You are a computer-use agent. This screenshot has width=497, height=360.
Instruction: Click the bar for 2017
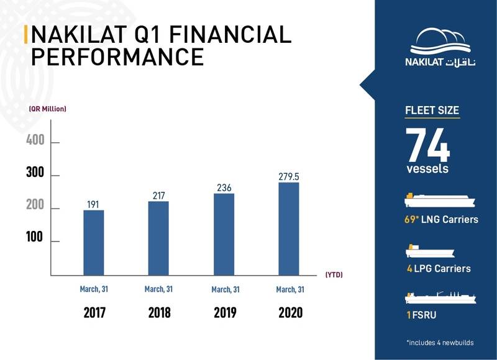tap(93, 242)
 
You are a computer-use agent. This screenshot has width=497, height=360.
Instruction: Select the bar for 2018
tap(158, 238)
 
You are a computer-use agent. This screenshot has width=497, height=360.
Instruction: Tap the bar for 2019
tap(224, 234)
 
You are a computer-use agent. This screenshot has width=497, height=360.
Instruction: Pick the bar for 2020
tap(288, 228)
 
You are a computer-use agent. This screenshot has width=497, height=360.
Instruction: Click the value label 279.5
tap(288, 177)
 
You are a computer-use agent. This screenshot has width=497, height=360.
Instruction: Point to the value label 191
tap(93, 204)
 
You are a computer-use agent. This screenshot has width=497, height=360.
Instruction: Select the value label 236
tap(224, 187)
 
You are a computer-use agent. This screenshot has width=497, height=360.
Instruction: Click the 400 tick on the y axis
tap(35, 141)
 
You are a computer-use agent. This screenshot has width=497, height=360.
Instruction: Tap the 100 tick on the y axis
tap(35, 238)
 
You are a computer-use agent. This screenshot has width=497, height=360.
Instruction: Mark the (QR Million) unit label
tap(47, 109)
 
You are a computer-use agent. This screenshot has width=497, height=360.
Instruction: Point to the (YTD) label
tap(334, 274)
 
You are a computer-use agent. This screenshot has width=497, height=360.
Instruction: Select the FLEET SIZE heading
tap(432, 111)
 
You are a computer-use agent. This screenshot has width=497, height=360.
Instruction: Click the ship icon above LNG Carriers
tap(439, 200)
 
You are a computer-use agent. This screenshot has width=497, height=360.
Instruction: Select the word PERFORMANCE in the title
tap(117, 56)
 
